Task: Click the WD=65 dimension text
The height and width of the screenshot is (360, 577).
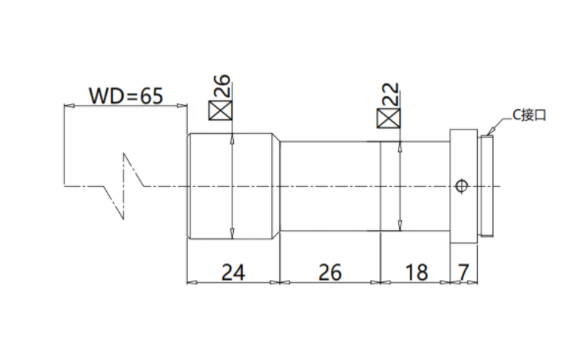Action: click(126, 95)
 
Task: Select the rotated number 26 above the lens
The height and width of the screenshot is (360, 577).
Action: click(222, 86)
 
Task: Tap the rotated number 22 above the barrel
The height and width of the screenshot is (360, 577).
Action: click(390, 93)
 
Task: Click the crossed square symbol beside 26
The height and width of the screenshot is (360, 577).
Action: click(220, 110)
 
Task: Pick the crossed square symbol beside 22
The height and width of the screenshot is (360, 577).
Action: click(388, 118)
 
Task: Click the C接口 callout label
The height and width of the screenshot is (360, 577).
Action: click(530, 115)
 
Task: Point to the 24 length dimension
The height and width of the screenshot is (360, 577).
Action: click(233, 272)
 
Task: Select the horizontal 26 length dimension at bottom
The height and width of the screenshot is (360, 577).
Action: click(329, 272)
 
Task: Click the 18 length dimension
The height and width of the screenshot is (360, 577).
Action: click(416, 272)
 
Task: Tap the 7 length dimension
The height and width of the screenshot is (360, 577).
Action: click(463, 272)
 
